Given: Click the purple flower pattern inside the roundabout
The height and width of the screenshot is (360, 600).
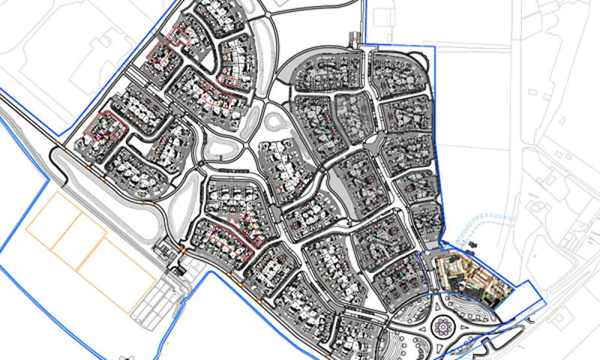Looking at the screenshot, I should pyautogui.click(x=442, y=327).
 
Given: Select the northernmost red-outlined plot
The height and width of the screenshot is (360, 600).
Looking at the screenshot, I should pyautogui.click(x=179, y=36).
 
